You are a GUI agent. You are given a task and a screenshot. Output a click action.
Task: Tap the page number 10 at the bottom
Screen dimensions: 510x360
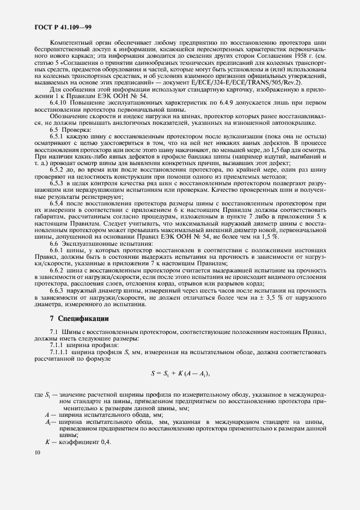(36, 453)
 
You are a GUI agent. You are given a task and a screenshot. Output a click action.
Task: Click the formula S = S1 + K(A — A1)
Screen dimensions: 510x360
(180, 373)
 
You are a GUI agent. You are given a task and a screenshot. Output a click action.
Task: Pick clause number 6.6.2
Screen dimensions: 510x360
(57, 270)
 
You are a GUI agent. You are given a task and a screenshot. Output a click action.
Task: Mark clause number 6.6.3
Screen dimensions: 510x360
(57, 292)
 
